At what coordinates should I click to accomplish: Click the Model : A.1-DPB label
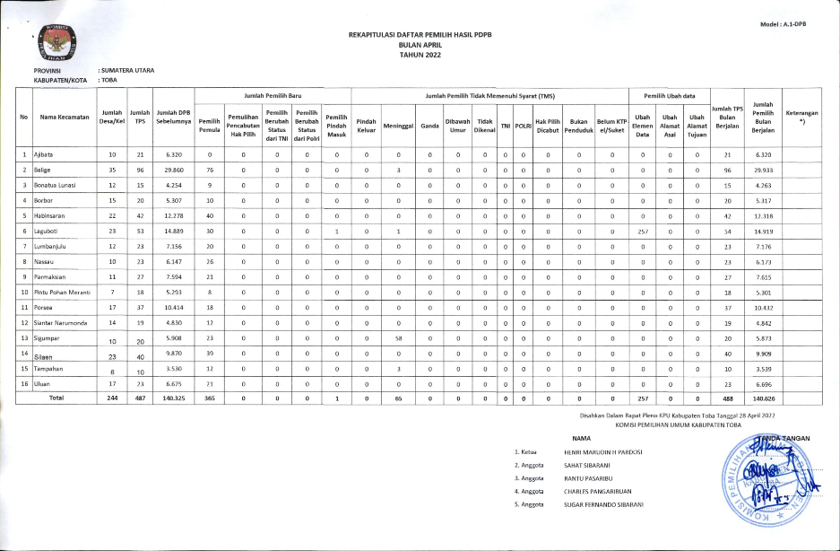point(783,23)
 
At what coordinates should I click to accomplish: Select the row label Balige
point(42,169)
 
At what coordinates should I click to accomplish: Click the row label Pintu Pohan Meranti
point(63,293)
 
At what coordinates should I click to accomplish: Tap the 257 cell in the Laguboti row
point(642,231)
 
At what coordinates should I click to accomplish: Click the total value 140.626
point(763,397)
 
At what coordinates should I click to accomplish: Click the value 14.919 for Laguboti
point(763,231)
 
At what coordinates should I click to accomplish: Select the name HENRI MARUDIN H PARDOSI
point(602,452)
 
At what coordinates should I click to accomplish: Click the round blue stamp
point(765,485)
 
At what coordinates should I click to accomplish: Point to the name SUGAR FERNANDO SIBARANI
point(604,504)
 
